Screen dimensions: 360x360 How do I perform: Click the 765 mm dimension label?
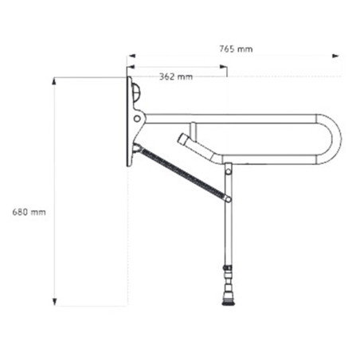click(x=236, y=49)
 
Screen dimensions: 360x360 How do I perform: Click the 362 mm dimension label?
click(x=176, y=76)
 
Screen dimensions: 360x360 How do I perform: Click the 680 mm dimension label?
click(x=29, y=212)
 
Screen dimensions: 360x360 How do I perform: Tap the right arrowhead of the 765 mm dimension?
click(x=336, y=56)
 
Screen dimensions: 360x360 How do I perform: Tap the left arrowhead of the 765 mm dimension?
click(x=131, y=56)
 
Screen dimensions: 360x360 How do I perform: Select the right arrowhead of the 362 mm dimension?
click(x=223, y=66)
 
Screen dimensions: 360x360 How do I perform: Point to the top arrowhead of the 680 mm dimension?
click(x=54, y=81)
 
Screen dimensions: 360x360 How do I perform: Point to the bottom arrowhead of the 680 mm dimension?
click(x=54, y=302)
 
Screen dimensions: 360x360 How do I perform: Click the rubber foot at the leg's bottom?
click(x=228, y=302)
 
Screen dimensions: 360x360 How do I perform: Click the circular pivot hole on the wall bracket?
click(x=137, y=119)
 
